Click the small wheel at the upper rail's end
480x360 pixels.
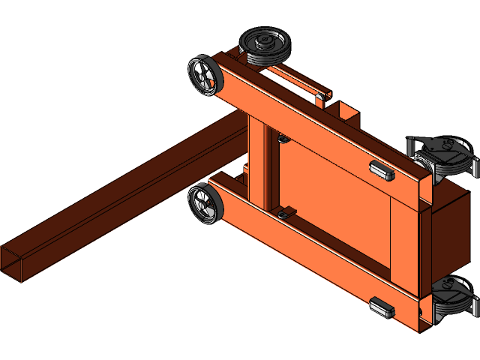tap(203, 76)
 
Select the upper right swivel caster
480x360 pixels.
tap(443, 156)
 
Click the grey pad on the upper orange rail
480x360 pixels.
tap(382, 170)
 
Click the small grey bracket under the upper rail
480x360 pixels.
tap(283, 139)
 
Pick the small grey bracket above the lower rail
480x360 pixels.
tap(284, 214)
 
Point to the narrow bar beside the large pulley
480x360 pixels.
tap(296, 78)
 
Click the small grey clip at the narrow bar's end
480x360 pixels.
tap(322, 94)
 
